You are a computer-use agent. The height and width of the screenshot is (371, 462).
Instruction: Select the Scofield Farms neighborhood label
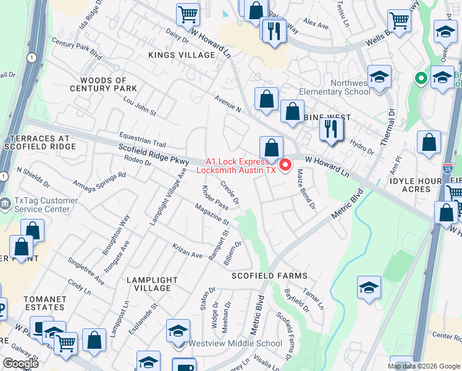tap(269, 276)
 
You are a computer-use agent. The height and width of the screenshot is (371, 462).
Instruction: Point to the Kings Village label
tap(181, 55)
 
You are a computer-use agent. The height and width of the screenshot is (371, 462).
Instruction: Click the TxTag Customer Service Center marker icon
tap(5, 203)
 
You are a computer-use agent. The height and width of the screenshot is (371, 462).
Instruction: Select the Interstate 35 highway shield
tap(448, 168)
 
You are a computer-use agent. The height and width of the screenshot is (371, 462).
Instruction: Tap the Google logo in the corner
tap(20, 364)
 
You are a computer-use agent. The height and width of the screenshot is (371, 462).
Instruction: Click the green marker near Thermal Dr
tap(421, 79)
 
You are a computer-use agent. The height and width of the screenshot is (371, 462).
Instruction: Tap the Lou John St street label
tap(140, 106)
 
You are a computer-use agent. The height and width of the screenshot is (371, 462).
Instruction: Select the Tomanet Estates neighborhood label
tap(44, 303)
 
